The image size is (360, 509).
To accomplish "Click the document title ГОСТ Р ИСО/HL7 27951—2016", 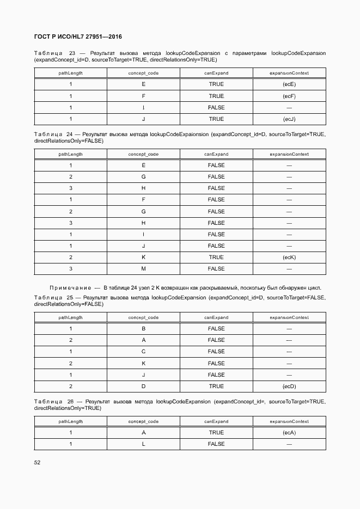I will coord(78,37).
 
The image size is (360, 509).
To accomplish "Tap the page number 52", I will coord(37,462).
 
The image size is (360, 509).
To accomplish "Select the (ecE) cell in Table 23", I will coord(289,84).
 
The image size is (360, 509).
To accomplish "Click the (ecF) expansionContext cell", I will coord(289,96).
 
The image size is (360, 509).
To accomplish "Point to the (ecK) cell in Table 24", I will coord(289,257).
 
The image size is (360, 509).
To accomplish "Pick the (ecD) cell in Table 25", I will coord(289,387).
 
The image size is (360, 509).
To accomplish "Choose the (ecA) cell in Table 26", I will coord(289,433).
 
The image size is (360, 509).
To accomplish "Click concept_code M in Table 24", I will coord(143,269).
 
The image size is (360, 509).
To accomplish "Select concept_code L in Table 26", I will coord(143,444).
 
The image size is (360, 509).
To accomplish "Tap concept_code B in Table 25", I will coord(143,329).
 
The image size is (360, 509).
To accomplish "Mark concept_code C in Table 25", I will coord(143,352).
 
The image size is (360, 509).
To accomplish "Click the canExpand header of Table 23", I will coord(216,73).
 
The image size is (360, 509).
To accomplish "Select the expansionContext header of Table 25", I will coord(289,317).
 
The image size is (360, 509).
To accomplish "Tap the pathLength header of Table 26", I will coord(70,421).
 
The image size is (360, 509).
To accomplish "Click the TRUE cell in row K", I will coord(216,257).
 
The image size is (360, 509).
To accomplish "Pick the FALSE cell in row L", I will coord(216,444).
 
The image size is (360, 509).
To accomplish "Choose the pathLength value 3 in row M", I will coord(70,269).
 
